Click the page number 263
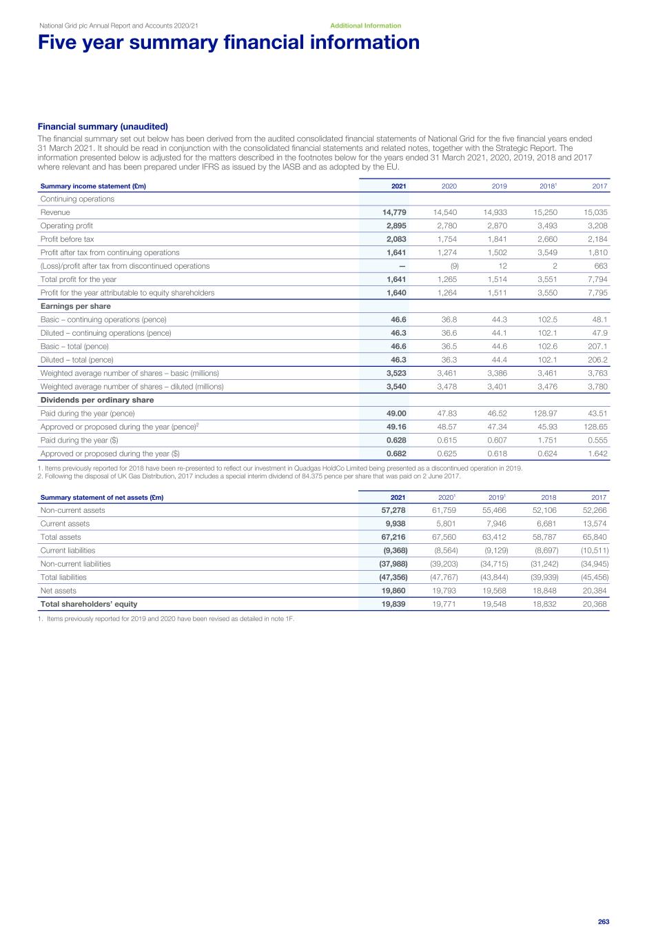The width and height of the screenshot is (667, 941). [x=604, y=922]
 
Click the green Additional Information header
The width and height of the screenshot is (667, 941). [x=365, y=26]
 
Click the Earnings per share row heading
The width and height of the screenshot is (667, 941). [x=75, y=306]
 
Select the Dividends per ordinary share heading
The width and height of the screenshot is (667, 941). [x=97, y=400]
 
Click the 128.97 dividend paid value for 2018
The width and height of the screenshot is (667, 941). [x=544, y=414]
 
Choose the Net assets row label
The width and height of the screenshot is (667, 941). [x=59, y=591]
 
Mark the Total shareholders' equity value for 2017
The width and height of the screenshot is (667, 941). [x=595, y=604]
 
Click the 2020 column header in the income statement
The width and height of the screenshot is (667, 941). [x=449, y=186]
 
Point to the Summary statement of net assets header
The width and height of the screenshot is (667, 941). [x=102, y=498]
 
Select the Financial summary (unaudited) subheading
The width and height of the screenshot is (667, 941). [x=103, y=127]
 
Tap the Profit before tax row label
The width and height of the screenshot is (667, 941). [x=67, y=239]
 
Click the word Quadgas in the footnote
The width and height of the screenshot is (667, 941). [x=304, y=468]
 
